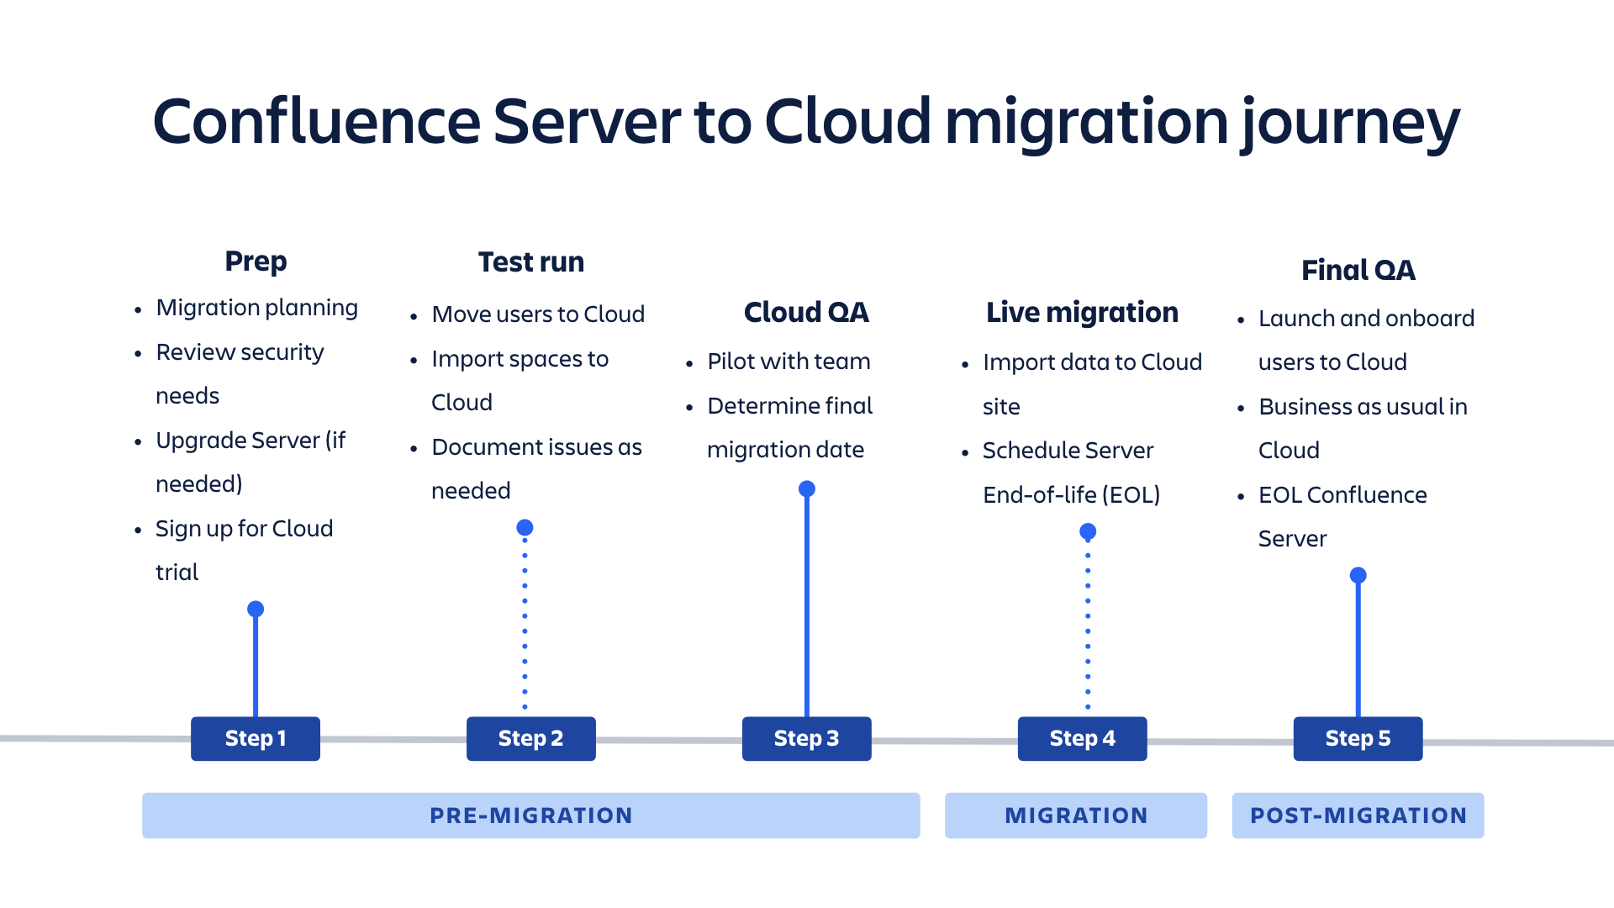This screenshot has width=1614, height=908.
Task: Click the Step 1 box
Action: click(x=256, y=738)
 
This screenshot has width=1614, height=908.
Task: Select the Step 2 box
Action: click(x=531, y=738)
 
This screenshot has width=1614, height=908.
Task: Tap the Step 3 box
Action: click(x=807, y=738)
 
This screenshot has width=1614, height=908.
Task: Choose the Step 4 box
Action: click(x=1083, y=738)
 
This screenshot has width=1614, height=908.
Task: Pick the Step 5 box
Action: click(x=1358, y=738)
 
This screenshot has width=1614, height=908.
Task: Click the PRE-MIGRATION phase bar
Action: click(x=531, y=816)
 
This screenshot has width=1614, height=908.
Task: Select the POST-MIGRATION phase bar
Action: click(x=1358, y=816)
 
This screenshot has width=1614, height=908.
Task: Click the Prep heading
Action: click(x=256, y=261)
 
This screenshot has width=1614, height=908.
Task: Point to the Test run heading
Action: click(x=531, y=262)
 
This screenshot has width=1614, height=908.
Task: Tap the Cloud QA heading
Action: click(x=807, y=313)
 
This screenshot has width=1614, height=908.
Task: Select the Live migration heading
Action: click(x=1083, y=313)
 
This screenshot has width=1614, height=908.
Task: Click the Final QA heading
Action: click(x=1358, y=271)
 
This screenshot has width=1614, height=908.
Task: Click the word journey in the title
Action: click(x=1351, y=124)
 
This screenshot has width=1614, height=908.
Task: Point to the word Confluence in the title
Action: click(x=317, y=121)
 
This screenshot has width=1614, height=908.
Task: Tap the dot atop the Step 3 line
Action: click(x=807, y=488)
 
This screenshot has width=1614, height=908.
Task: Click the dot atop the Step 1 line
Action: click(x=256, y=609)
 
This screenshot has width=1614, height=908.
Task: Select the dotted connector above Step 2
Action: click(x=525, y=623)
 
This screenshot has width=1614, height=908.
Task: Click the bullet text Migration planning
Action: click(x=257, y=309)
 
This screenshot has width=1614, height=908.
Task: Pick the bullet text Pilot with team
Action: click(x=789, y=362)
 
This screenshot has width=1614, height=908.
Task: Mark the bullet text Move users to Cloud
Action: click(x=538, y=314)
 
